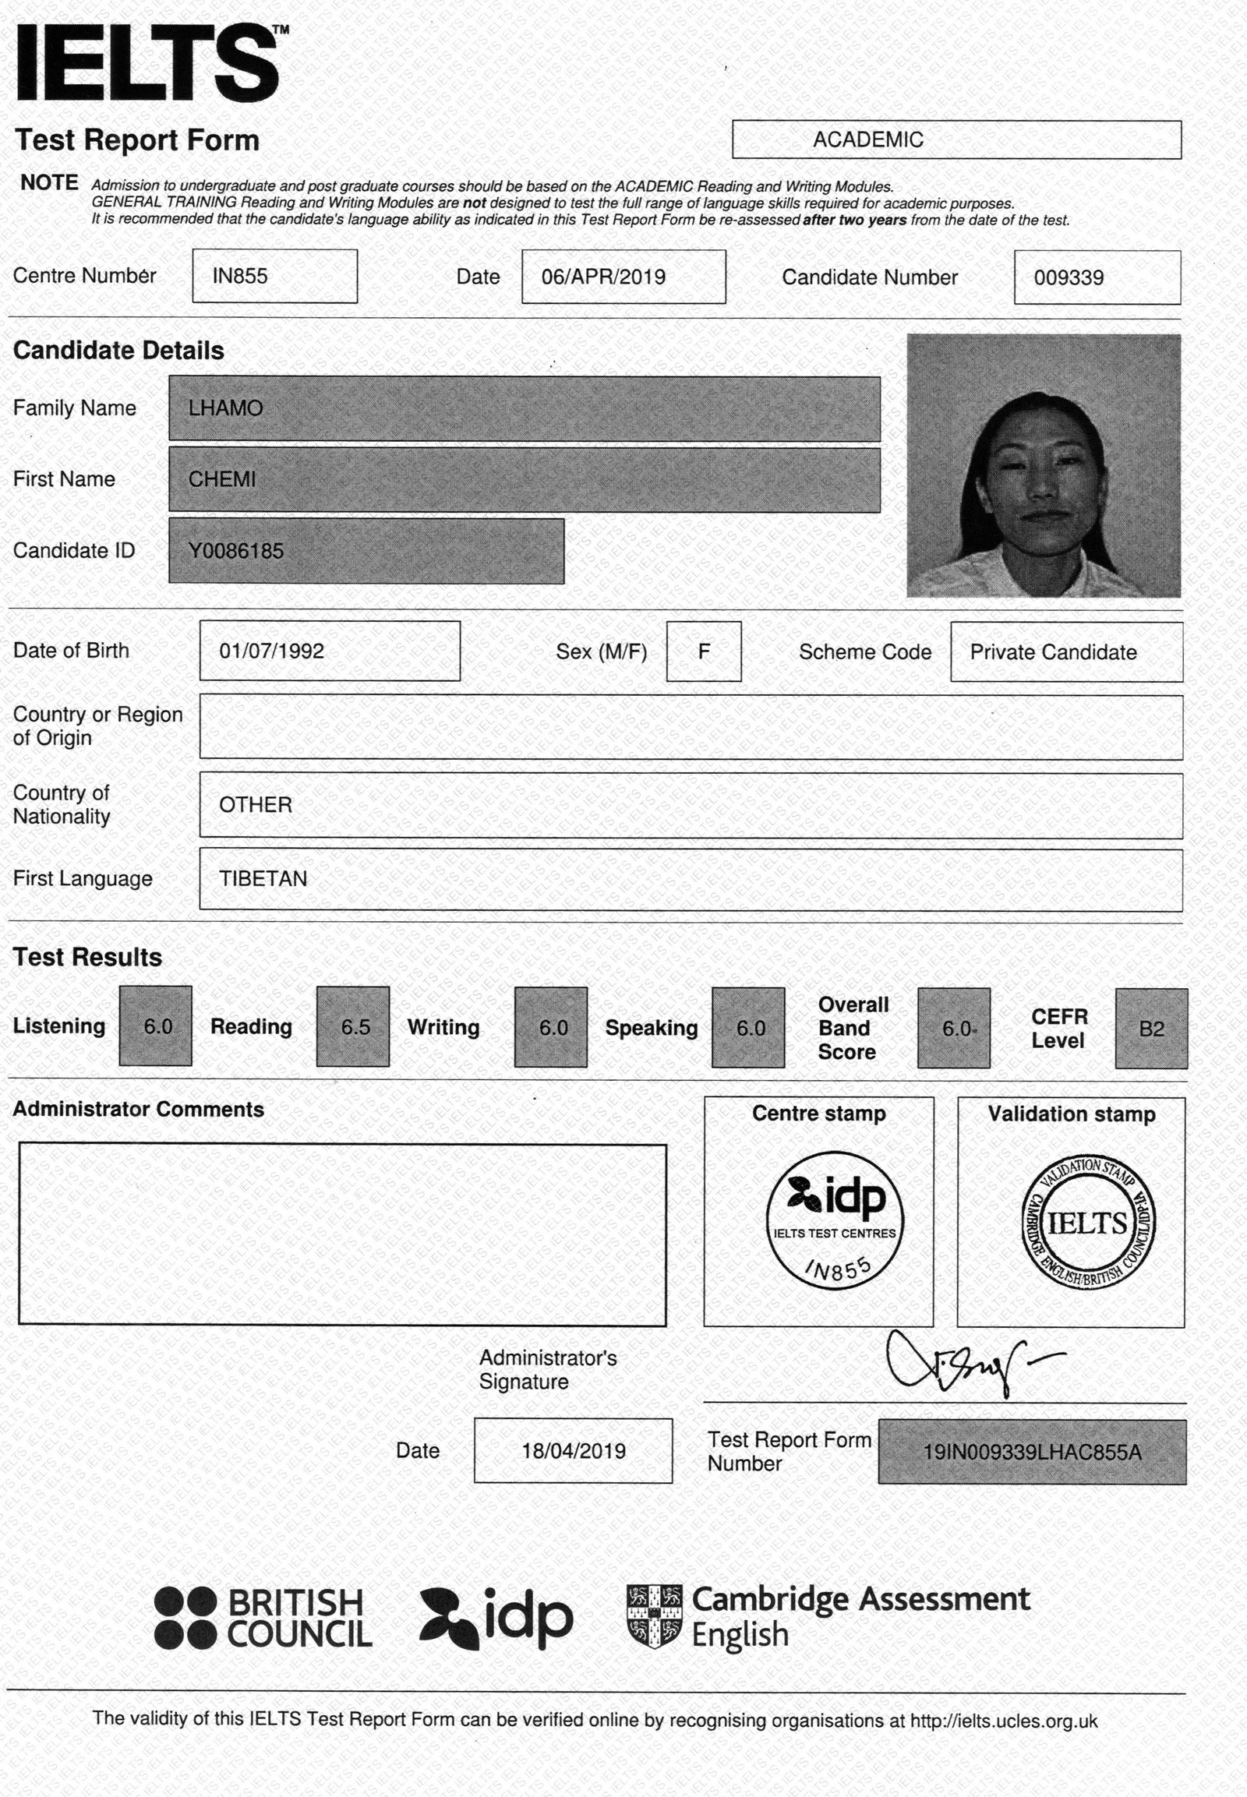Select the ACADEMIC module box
tap(956, 139)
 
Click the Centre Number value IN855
tap(240, 277)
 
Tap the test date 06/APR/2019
tap(603, 277)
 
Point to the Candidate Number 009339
tap(1068, 278)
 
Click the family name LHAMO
tap(226, 408)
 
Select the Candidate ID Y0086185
tap(236, 552)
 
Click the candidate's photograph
tap(1043, 466)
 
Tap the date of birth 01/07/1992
tap(271, 651)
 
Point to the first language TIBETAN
tap(263, 880)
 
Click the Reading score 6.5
tap(355, 1027)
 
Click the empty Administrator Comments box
tap(342, 1234)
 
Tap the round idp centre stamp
tap(835, 1220)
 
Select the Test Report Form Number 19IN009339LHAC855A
tap(1031, 1453)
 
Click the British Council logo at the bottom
tap(263, 1618)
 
